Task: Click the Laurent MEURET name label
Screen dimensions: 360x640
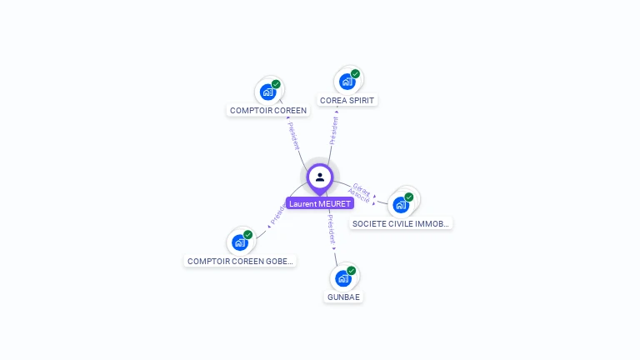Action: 320,203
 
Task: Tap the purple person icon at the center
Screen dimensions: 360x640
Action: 320,177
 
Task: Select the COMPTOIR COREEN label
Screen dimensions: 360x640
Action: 268,110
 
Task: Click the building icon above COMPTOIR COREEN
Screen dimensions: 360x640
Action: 267,91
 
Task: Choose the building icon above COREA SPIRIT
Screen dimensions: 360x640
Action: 347,81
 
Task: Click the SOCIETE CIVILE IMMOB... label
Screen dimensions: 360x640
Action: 401,223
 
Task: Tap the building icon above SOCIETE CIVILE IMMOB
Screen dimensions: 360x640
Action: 401,204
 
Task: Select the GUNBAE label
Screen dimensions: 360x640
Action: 343,297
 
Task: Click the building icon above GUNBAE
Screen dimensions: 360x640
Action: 342,277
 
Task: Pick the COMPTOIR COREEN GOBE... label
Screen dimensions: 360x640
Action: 240,261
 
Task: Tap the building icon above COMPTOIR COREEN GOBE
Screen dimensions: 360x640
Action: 240,242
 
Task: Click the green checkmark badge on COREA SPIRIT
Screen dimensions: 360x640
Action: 355,74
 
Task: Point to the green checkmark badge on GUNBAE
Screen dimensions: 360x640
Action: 351,271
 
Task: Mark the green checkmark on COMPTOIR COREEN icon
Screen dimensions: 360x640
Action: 276,84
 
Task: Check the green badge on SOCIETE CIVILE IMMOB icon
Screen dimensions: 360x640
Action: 409,197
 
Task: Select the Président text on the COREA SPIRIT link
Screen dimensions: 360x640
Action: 333,130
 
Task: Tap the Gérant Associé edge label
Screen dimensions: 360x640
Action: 359,192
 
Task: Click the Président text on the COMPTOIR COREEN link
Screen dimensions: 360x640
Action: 294,136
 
